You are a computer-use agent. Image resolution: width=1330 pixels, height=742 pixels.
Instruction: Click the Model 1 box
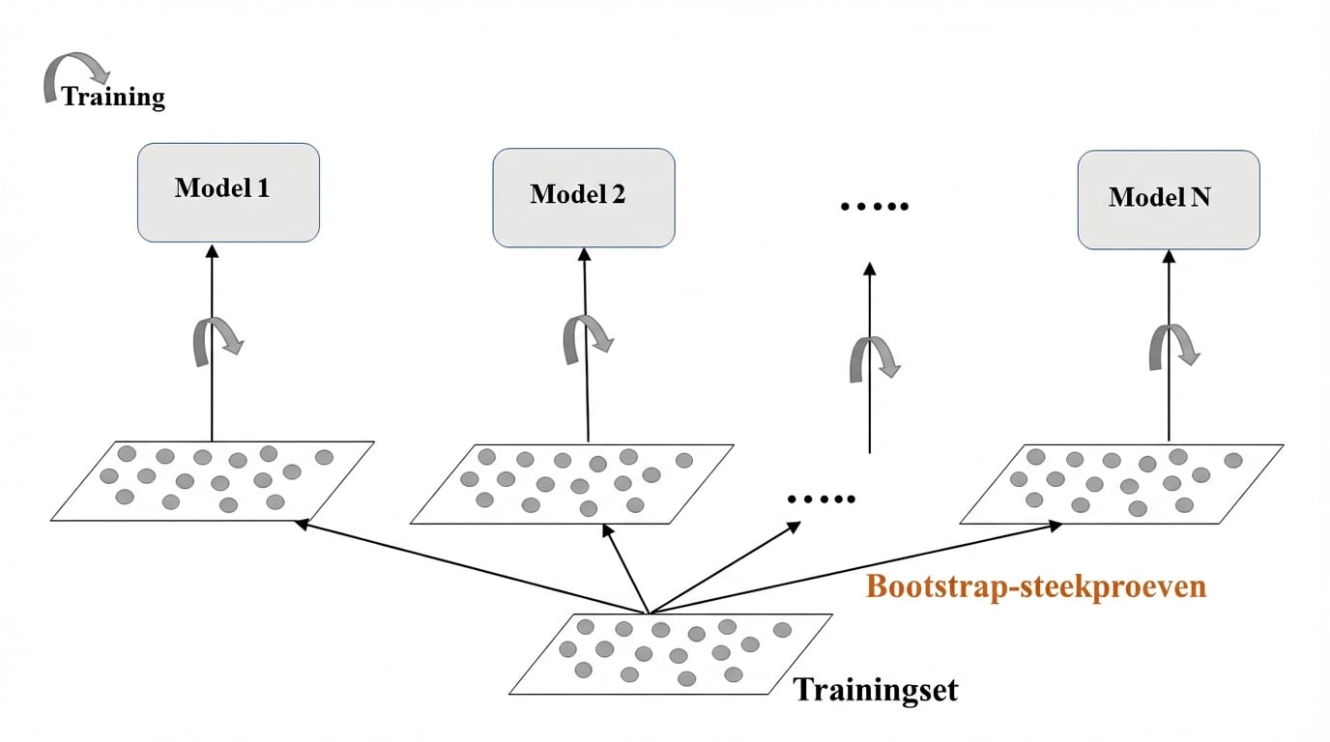click(228, 192)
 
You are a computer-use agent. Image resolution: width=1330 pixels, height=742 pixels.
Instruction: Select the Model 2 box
click(584, 197)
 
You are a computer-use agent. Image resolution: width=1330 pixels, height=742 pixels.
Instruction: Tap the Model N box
click(1168, 199)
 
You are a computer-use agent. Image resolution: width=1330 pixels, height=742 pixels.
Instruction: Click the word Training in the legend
click(114, 97)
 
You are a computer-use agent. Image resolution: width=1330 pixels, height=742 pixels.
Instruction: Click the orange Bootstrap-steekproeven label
click(1036, 586)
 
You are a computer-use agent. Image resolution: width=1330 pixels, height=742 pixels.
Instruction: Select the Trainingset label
click(876, 690)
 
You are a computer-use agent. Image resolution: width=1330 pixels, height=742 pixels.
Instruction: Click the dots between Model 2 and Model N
click(875, 207)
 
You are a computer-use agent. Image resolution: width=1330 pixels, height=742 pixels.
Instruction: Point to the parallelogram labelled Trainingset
click(670, 654)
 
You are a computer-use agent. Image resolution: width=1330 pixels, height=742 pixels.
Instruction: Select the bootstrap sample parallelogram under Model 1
click(212, 480)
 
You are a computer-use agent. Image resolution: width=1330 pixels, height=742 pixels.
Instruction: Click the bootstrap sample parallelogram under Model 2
click(571, 483)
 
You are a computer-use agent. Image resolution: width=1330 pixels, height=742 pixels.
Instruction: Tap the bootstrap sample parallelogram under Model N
click(1121, 484)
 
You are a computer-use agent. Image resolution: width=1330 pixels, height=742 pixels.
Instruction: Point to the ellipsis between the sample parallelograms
click(822, 499)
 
